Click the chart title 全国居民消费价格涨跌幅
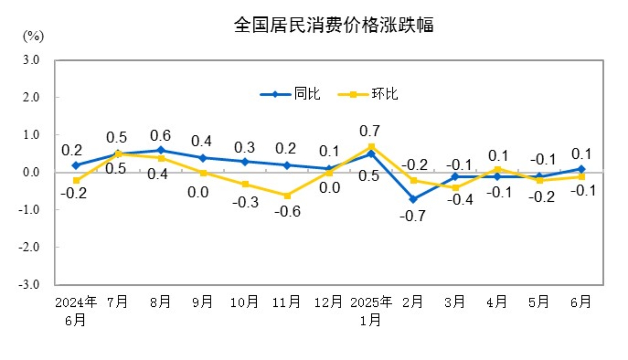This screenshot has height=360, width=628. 334,25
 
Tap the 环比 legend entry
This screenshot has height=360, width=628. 368,94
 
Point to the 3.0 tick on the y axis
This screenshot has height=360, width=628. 31,60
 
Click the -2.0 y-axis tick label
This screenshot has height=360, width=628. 29,247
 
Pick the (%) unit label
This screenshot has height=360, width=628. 33,37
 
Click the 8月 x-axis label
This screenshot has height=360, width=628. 160,302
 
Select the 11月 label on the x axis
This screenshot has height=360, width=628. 286,302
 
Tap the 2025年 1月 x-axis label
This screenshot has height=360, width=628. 371,311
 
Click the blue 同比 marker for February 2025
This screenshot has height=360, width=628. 413,199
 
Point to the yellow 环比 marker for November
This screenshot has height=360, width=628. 287,196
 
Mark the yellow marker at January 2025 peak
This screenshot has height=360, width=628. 371,147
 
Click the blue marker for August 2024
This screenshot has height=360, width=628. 161,150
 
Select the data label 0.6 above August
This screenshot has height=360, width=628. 160,135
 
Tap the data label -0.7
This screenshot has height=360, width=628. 412,216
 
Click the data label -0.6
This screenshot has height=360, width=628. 288,211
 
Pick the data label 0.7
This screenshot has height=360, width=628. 369,131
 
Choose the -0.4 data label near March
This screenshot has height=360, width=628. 460,199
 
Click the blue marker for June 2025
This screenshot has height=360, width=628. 582,169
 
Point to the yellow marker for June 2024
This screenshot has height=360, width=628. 76,180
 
